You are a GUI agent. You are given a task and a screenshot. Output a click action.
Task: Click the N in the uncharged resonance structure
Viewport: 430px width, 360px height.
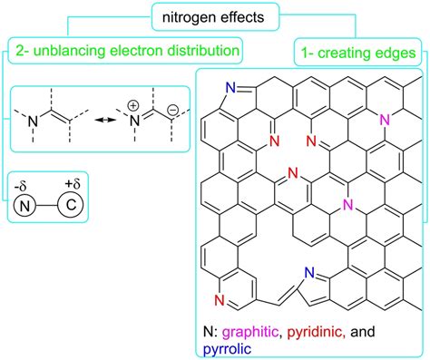[35, 116]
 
